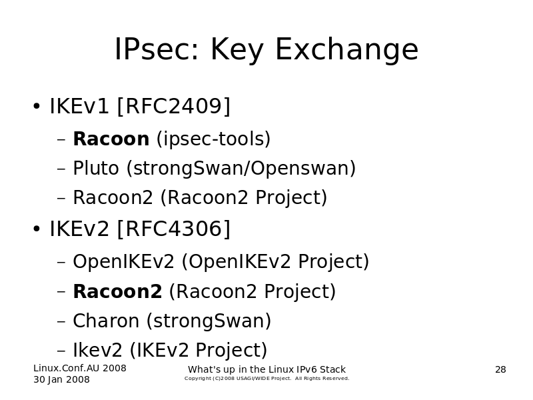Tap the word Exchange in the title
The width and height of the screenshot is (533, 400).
click(x=346, y=50)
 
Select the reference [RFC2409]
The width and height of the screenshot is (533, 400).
click(x=174, y=106)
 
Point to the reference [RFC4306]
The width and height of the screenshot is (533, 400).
click(x=174, y=229)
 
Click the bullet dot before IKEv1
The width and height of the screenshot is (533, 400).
click(x=37, y=106)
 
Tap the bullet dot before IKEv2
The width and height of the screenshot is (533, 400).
click(x=37, y=229)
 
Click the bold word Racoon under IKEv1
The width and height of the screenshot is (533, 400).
click(x=111, y=139)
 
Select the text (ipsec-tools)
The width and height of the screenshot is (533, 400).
click(x=213, y=139)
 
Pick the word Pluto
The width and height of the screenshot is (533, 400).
click(x=96, y=168)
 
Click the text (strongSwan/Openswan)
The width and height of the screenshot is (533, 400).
click(x=241, y=169)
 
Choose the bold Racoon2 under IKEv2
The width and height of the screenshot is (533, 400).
click(x=118, y=291)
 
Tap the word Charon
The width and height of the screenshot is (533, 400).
click(x=106, y=321)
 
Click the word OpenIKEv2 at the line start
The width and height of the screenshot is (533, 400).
click(x=124, y=262)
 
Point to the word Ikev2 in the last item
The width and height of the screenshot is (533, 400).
click(x=97, y=350)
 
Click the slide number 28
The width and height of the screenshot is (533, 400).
click(x=501, y=370)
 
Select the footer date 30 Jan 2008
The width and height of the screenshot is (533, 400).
click(x=61, y=379)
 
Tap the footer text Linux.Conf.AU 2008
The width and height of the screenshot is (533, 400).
click(x=80, y=368)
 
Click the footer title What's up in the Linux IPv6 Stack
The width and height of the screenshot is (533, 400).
click(x=267, y=369)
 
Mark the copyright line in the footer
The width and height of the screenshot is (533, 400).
click(x=267, y=379)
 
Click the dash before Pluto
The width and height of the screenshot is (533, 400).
click(x=61, y=169)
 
